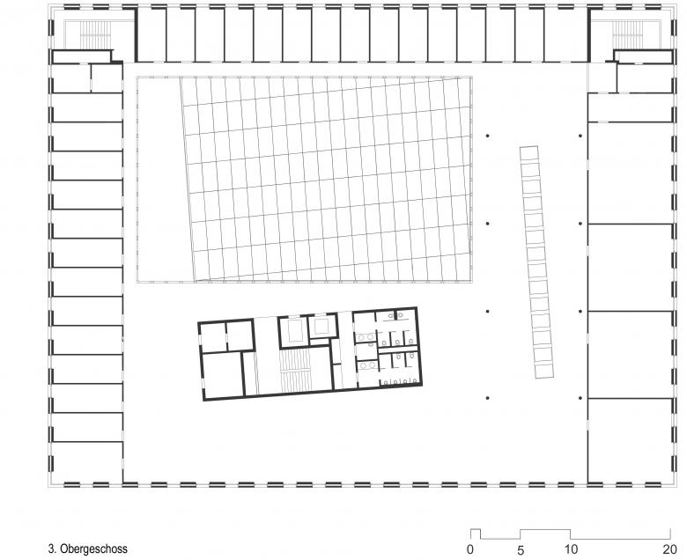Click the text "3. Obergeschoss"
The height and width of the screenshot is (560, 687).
coord(87,549)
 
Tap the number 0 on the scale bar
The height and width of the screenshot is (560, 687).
coord(470,549)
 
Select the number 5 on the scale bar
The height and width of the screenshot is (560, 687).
coord(521,549)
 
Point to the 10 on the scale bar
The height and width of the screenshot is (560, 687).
coord(571,549)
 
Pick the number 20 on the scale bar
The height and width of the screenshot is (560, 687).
coord(670,549)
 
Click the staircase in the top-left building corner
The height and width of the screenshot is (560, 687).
coord(92,34)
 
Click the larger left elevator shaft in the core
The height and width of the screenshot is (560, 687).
coord(292,330)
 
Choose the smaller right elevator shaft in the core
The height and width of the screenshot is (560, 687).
coord(323,326)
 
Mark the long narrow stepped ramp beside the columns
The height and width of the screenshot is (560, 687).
coord(536,262)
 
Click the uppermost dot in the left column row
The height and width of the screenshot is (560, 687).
coord(488,136)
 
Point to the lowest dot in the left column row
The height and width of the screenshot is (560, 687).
coord(488,398)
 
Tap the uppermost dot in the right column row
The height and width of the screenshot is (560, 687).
coord(580,136)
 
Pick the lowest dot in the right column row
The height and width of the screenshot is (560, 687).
coord(580,398)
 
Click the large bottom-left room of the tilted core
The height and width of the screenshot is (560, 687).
coord(223,375)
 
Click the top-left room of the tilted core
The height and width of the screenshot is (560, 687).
coord(213,337)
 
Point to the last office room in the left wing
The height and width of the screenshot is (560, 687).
coord(87,462)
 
